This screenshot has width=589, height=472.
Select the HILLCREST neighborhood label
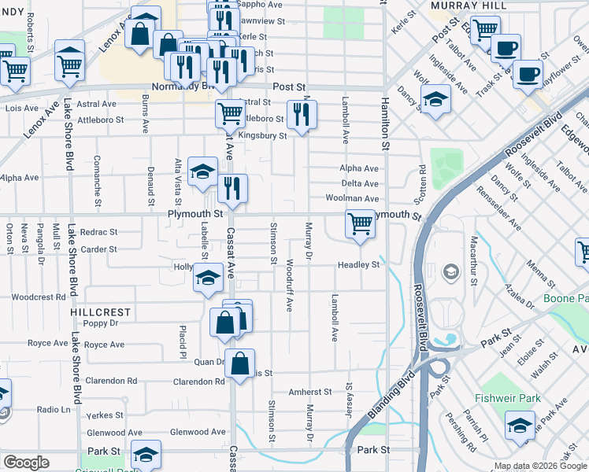pos(100,312)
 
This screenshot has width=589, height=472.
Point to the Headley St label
pos(359,265)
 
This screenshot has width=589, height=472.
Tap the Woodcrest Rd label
pos(39,297)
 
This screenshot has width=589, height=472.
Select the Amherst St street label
pos(310,392)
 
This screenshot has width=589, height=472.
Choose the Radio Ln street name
pos(54,410)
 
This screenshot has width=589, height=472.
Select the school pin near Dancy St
pos(434,100)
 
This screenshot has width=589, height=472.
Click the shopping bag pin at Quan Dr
pos(240,363)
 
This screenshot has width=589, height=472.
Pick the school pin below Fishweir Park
pos(520,426)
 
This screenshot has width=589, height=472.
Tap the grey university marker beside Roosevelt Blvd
pos(451,272)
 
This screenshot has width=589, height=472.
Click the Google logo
pos(26,463)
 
